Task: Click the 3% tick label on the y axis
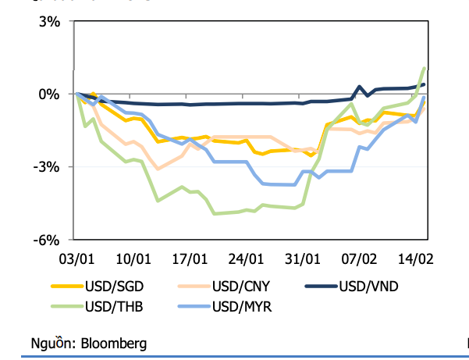click(48, 22)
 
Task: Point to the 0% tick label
click(48, 94)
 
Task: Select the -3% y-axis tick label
click(46, 167)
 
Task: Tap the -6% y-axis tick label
click(46, 240)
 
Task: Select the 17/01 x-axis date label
click(190, 258)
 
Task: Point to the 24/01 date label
click(247, 258)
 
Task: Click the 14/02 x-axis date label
click(416, 258)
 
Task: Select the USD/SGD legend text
click(114, 287)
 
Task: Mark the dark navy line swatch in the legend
click(319, 287)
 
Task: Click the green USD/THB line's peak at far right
click(424, 68)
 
